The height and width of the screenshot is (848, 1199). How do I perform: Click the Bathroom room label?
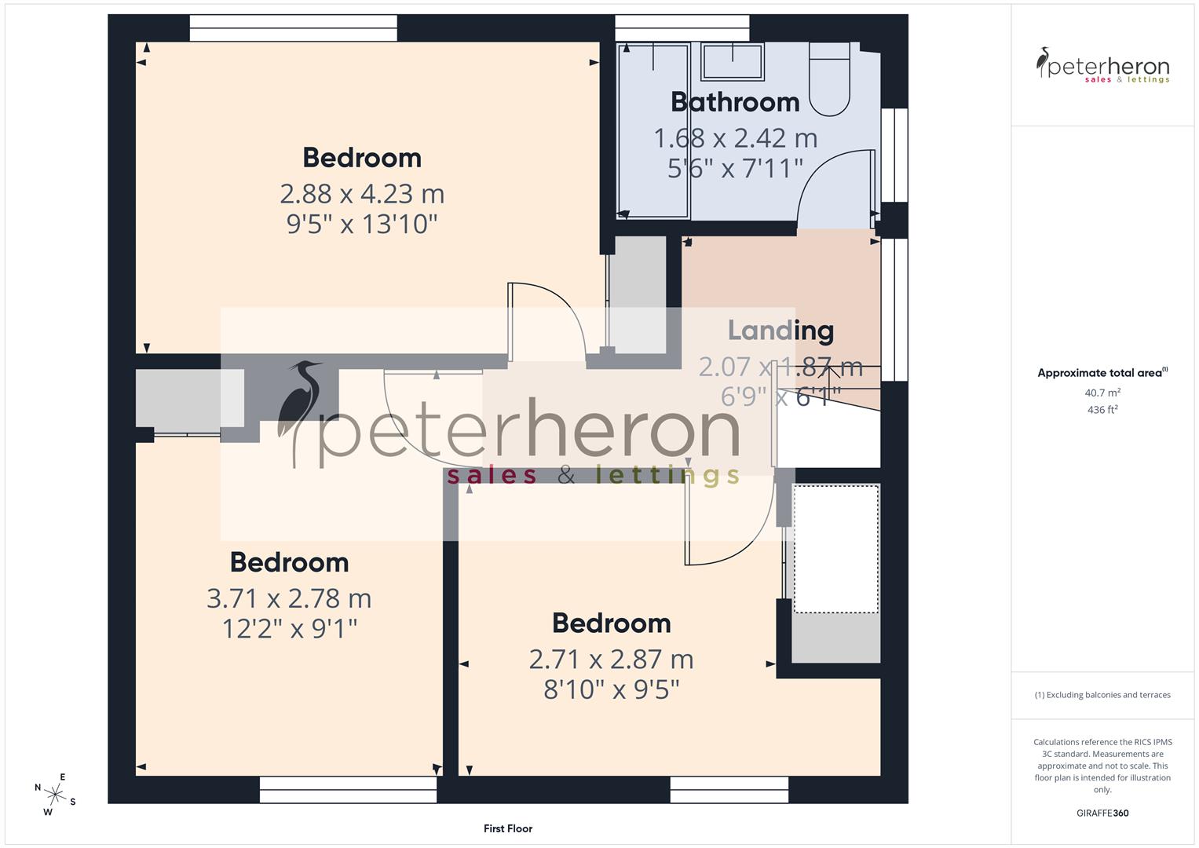pyautogui.click(x=735, y=102)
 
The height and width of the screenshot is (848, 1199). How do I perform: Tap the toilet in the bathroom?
pyautogui.click(x=829, y=82)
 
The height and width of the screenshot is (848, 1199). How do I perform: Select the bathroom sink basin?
pyautogui.click(x=733, y=61)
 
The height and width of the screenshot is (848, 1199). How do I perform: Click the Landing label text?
pyautogui.click(x=780, y=331)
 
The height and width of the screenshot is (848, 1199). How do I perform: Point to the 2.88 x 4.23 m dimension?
pyautogui.click(x=362, y=194)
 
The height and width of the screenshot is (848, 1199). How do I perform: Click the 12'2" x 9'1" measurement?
pyautogui.click(x=290, y=629)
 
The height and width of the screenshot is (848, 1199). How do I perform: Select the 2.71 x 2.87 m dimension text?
pyautogui.click(x=611, y=660)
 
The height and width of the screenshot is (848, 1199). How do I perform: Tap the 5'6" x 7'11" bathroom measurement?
pyautogui.click(x=735, y=169)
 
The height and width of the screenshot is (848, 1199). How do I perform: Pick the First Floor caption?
pyautogui.click(x=508, y=828)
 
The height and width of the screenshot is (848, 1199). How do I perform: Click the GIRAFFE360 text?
pyautogui.click(x=1102, y=813)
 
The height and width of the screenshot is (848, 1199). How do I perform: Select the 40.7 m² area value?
pyautogui.click(x=1102, y=393)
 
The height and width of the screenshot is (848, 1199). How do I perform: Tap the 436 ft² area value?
pyautogui.click(x=1102, y=410)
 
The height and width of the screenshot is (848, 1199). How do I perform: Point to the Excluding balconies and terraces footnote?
pyautogui.click(x=1102, y=695)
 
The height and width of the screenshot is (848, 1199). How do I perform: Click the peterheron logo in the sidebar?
pyautogui.click(x=1102, y=65)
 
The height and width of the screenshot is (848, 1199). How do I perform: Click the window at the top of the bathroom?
pyautogui.click(x=682, y=27)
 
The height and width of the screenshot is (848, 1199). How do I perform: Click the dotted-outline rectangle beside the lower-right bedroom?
pyautogui.click(x=835, y=549)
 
